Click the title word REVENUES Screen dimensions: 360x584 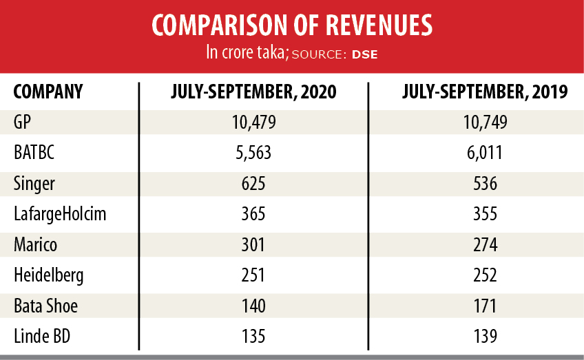pyautogui.click(x=373, y=25)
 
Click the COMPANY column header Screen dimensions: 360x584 pyautogui.click(x=48, y=92)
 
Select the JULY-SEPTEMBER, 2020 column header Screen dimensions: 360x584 pyautogui.click(x=253, y=92)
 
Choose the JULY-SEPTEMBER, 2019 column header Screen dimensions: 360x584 pyautogui.click(x=486, y=92)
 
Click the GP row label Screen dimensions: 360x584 pyautogui.click(x=23, y=122)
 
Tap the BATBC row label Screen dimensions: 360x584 pyautogui.click(x=34, y=153)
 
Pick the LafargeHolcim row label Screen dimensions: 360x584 pyautogui.click(x=60, y=214)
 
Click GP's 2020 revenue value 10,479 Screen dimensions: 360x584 pyautogui.click(x=253, y=122)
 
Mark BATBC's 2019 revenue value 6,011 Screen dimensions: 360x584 pyautogui.click(x=486, y=153)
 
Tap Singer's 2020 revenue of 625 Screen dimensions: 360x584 pyautogui.click(x=253, y=183)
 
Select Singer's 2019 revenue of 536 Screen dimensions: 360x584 pyautogui.click(x=486, y=183)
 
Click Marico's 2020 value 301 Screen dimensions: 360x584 pyautogui.click(x=253, y=244)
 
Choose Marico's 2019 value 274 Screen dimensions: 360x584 pyautogui.click(x=486, y=244)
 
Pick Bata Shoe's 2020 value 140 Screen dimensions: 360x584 pyautogui.click(x=253, y=306)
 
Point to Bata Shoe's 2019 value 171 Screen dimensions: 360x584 pyautogui.click(x=486, y=306)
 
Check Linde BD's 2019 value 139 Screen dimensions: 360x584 pyautogui.click(x=486, y=337)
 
